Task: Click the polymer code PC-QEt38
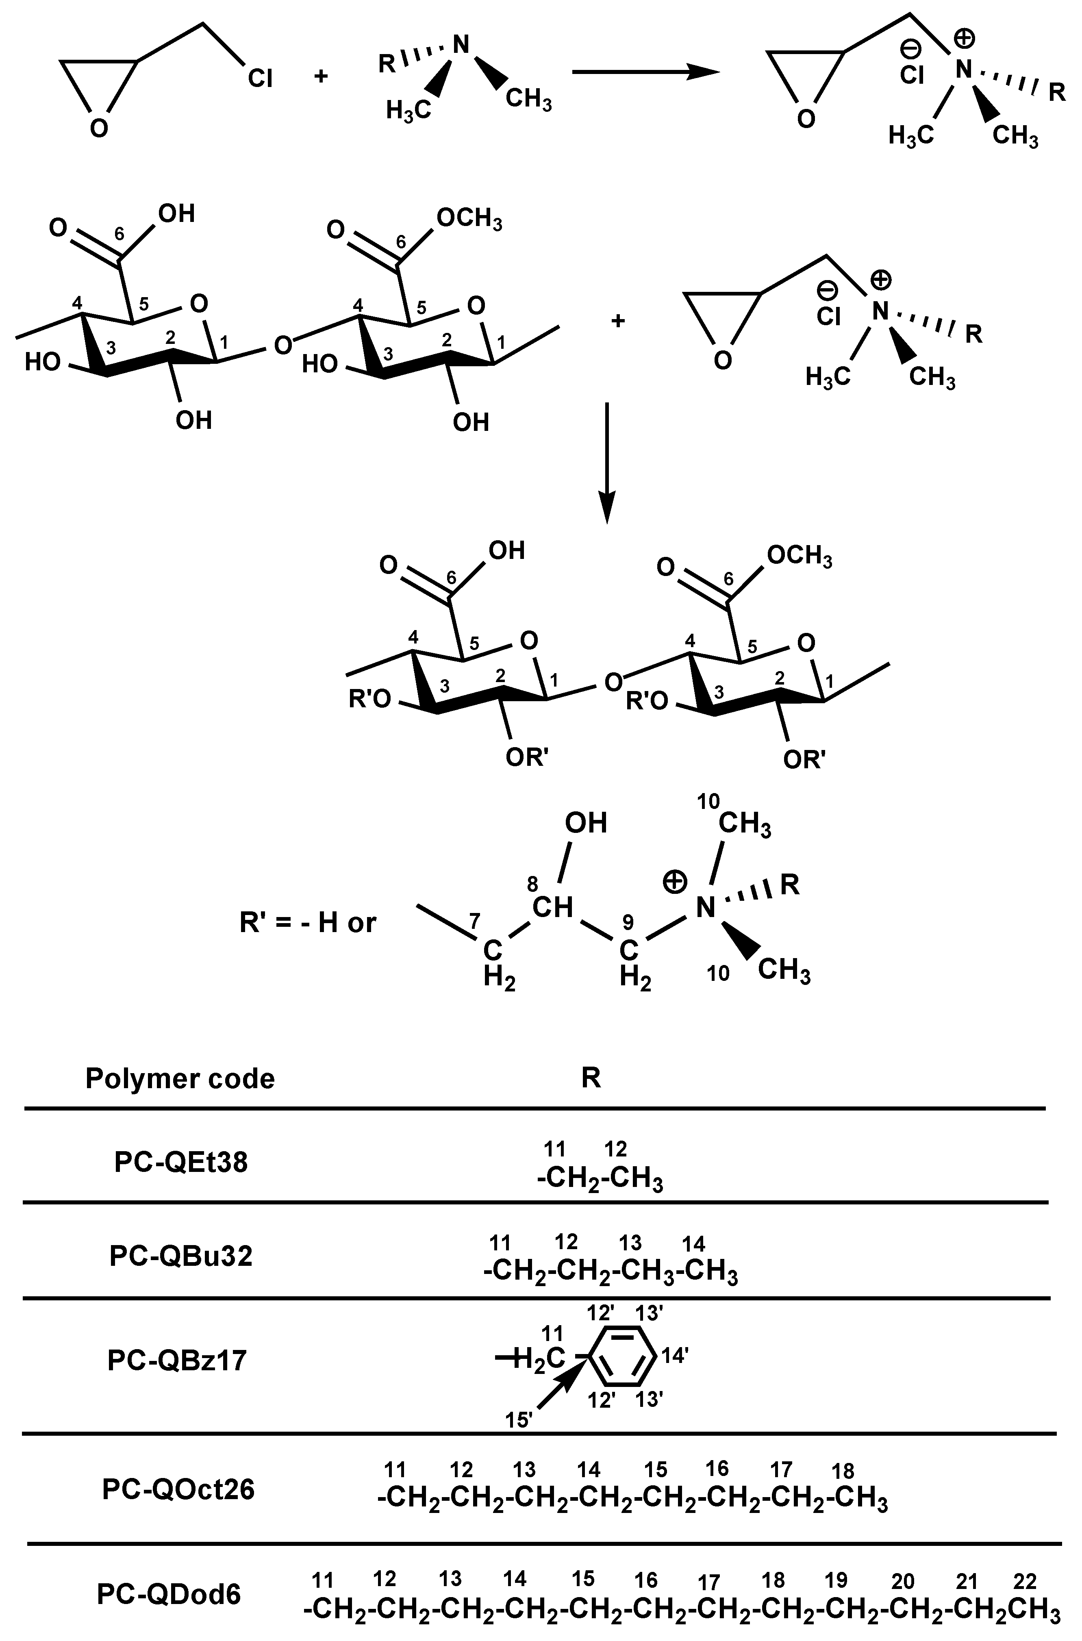(x=181, y=1163)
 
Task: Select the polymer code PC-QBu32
(x=181, y=1256)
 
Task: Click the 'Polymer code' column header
(x=180, y=1078)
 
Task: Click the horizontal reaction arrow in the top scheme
(x=645, y=72)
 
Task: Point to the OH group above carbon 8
(x=585, y=823)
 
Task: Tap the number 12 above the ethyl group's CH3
(x=615, y=1149)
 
